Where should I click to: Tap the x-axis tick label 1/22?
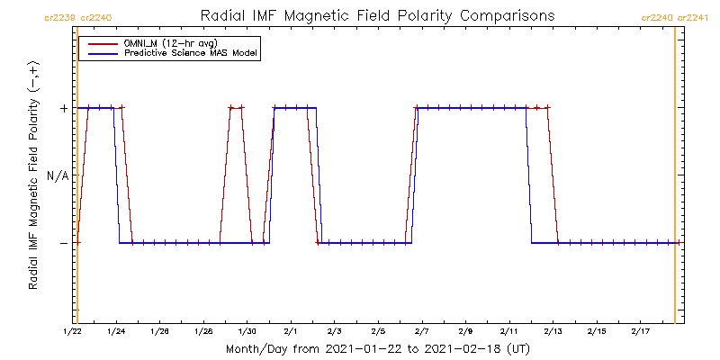pyautogui.click(x=73, y=332)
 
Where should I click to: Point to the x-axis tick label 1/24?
pyautogui.click(x=116, y=332)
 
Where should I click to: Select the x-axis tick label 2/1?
pyautogui.click(x=291, y=332)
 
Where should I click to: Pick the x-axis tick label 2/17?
pyautogui.click(x=640, y=332)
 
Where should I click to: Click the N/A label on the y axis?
pyautogui.click(x=57, y=175)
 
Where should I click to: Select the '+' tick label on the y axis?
pyautogui.click(x=63, y=108)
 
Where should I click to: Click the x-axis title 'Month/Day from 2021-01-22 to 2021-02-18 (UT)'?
pyautogui.click(x=377, y=348)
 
